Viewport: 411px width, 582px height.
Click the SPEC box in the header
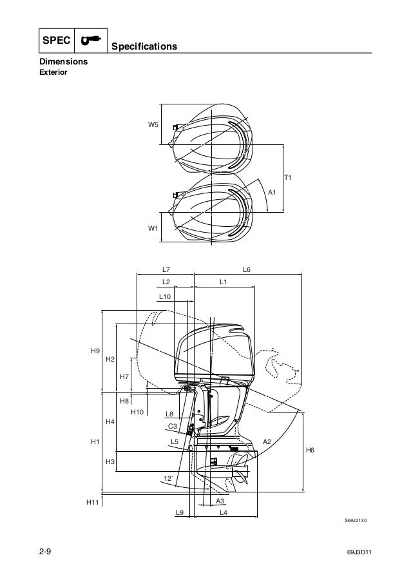(57, 41)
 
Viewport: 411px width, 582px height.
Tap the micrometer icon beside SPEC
(91, 39)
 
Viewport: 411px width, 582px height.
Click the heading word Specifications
(144, 46)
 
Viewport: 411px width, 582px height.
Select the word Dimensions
(63, 62)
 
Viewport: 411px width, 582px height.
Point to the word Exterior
(53, 72)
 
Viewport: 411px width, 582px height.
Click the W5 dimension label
(153, 125)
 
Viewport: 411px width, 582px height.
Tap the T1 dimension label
(288, 177)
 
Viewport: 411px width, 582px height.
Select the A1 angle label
(272, 192)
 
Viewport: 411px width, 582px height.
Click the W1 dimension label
(153, 228)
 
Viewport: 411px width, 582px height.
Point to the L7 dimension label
(166, 269)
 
